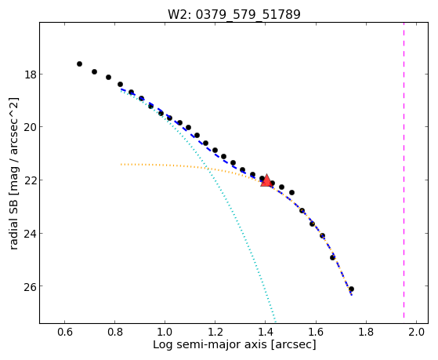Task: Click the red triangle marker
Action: pos(266,180)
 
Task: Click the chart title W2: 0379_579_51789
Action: pos(233,14)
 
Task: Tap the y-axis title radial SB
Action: pos(13,173)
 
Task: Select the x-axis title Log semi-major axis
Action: pos(234,344)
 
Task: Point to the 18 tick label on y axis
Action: pos(30,75)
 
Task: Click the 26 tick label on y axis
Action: pos(30,287)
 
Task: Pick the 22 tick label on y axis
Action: pos(30,180)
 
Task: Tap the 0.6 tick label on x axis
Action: pos(65,332)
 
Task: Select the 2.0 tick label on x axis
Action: pos(417,332)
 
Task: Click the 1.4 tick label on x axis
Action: pos(266,332)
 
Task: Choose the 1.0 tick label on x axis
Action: pos(165,332)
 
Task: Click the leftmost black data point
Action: pos(79,64)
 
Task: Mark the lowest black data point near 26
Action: pos(351,289)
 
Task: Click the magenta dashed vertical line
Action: pos(404,170)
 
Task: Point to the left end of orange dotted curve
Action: pos(121,165)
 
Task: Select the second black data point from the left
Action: pos(94,71)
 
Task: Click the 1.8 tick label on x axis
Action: pos(366,332)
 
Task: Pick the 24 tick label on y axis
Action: pos(30,234)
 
